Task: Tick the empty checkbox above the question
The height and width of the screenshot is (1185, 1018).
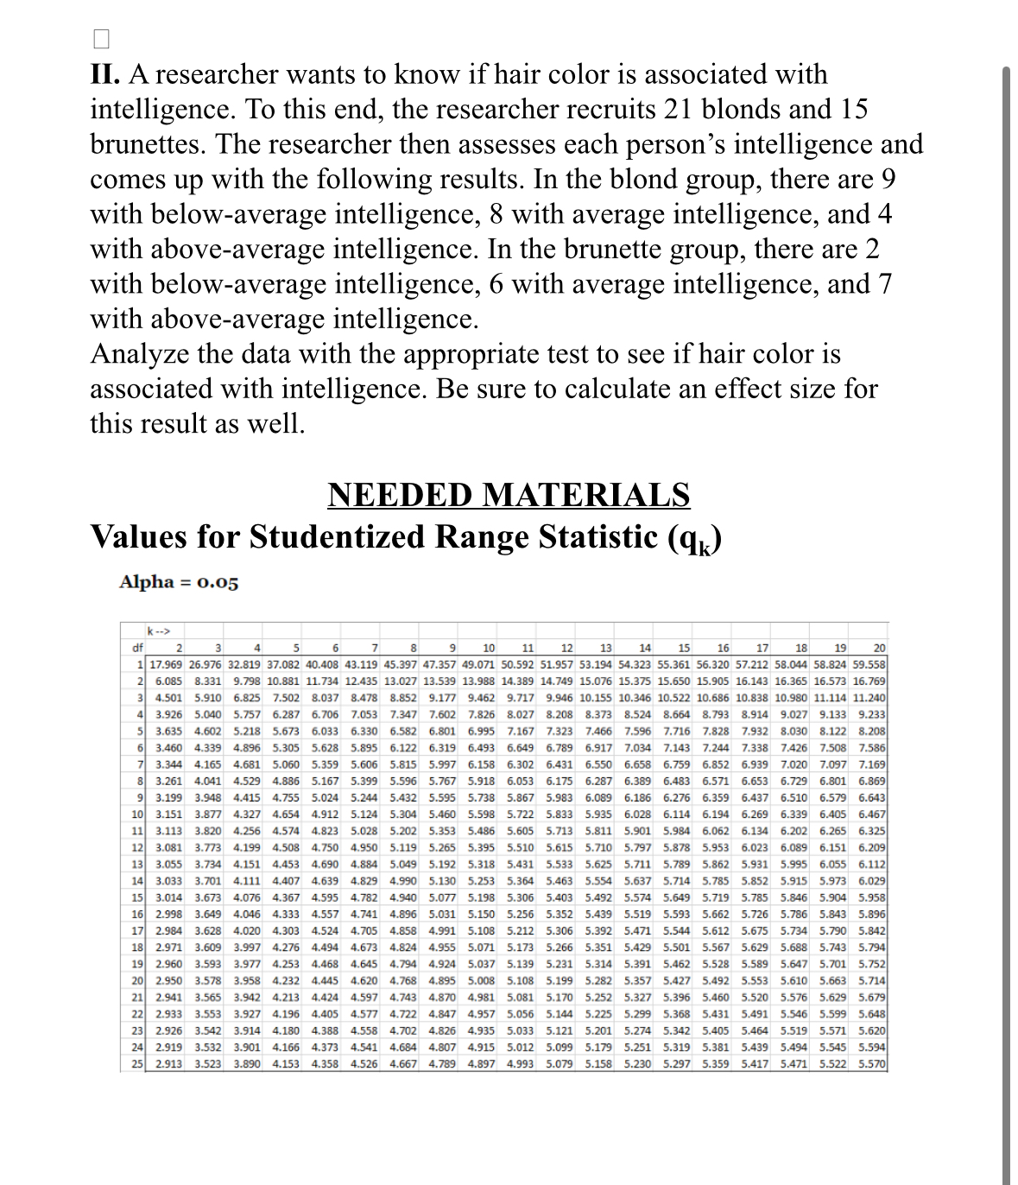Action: [101, 39]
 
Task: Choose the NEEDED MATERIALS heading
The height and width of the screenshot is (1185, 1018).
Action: [509, 495]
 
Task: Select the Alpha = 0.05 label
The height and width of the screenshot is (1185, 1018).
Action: [179, 581]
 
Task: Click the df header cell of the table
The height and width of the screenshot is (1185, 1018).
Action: [136, 648]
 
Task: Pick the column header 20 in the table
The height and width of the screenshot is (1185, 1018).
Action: [878, 648]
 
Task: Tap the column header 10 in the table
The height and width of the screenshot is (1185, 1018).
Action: [489, 648]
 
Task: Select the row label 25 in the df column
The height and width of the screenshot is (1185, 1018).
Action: [136, 1064]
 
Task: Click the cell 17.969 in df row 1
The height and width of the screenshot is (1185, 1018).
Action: [166, 664]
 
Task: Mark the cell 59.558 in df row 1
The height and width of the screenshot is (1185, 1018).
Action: [869, 664]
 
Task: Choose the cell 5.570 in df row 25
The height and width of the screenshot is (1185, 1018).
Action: [871, 1064]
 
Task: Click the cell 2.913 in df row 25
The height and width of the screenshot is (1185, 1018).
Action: [168, 1064]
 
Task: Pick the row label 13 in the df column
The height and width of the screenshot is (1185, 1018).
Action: [136, 864]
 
